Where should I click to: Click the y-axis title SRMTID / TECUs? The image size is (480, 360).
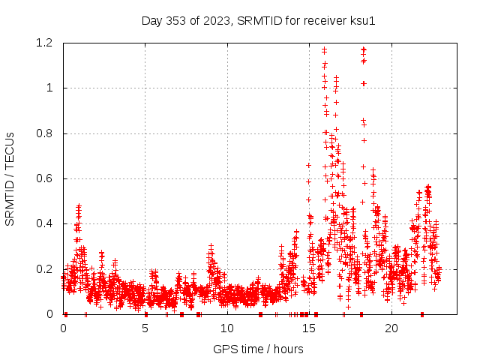coord(10,178)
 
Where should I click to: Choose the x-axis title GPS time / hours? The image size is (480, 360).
coord(258,349)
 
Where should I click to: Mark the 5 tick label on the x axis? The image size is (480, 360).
coord(145,328)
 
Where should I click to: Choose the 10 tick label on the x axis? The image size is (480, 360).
coord(227,328)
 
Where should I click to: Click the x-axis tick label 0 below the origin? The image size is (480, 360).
coord(63,328)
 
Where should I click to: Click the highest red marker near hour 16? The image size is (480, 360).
coord(324,50)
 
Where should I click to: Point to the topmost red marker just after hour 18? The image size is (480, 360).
coord(363,49)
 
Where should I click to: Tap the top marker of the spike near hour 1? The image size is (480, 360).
coord(78,205)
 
